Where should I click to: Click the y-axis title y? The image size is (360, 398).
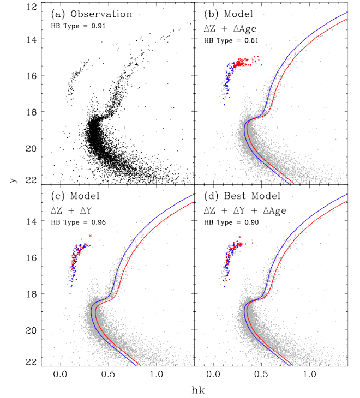pyautogui.click(x=11, y=189)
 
